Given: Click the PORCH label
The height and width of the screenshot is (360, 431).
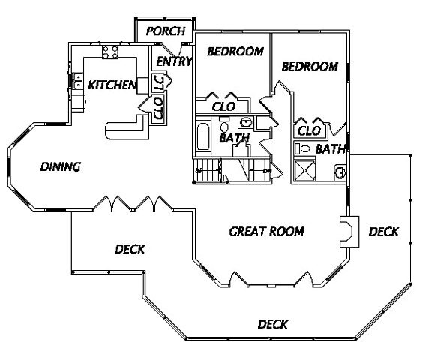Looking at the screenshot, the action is [x=166, y=31].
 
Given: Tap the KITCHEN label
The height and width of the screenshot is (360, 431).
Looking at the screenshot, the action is [x=112, y=85].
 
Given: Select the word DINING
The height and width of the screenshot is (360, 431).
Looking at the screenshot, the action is [x=61, y=166].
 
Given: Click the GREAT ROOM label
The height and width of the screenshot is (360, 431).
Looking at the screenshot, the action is [x=267, y=232].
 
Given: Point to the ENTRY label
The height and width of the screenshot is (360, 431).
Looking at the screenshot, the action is [x=174, y=61].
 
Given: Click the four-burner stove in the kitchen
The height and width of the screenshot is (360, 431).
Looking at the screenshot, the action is [x=110, y=52].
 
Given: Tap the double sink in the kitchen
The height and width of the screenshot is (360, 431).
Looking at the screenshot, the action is [x=77, y=81].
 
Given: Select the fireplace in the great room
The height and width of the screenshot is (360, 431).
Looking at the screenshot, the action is [x=349, y=232].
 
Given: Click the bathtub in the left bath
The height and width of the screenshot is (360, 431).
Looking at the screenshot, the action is [x=203, y=136].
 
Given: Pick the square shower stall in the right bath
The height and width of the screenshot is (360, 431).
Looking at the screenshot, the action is [x=304, y=170].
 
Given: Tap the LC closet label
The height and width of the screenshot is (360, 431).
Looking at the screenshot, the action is [x=160, y=83].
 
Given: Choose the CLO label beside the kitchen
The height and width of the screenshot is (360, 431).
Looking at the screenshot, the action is [x=159, y=108].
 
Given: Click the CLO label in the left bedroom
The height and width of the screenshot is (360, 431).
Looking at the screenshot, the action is [x=223, y=106].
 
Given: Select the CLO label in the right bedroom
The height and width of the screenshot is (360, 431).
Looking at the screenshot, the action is [x=309, y=131].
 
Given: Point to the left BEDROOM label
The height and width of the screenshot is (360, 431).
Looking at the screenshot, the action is [x=235, y=52].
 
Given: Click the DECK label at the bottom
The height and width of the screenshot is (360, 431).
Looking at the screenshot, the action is [x=273, y=325].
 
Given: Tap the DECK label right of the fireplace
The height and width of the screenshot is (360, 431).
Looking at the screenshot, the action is [x=384, y=232].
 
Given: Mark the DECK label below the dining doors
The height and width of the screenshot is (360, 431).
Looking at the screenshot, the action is [x=130, y=249].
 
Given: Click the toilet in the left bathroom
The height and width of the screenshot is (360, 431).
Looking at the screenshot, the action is [x=224, y=127].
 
